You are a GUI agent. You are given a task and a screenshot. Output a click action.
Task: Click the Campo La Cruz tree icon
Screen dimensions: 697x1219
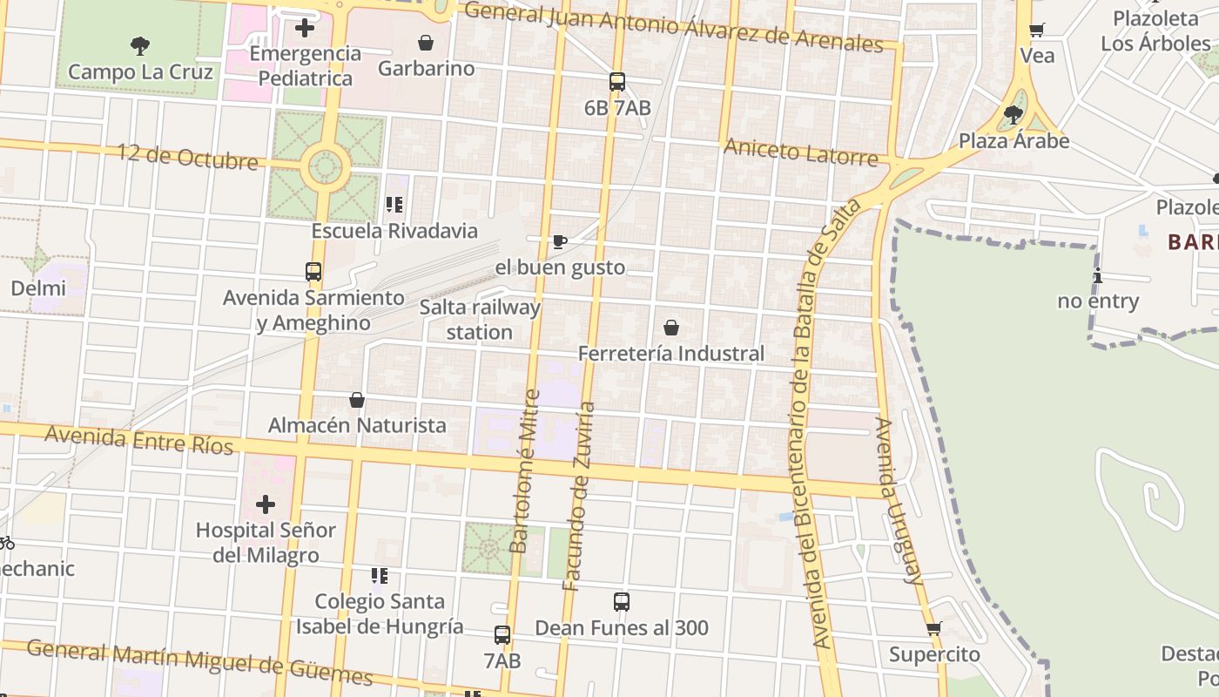(x=139, y=45)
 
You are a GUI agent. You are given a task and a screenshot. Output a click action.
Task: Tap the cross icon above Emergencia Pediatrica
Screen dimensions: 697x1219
(x=304, y=28)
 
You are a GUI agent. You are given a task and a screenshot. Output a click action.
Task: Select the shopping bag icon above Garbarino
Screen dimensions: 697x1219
(x=426, y=43)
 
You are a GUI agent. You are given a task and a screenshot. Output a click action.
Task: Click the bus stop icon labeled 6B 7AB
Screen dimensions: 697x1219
(x=617, y=82)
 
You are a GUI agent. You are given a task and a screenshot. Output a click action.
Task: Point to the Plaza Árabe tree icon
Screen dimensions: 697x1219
(x=1013, y=114)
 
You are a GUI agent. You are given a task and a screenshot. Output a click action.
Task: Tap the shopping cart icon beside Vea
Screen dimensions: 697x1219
(x=1037, y=30)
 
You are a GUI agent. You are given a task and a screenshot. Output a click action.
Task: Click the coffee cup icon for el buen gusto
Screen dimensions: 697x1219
(x=560, y=241)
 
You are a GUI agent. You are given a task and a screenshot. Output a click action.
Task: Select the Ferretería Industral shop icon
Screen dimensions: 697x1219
(x=671, y=328)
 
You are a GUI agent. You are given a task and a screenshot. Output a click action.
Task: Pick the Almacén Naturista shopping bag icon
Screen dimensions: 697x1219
(x=357, y=400)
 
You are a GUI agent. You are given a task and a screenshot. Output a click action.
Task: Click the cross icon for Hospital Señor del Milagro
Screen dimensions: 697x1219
(x=266, y=504)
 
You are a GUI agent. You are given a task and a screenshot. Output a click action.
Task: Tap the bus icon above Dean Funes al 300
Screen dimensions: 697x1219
(x=622, y=601)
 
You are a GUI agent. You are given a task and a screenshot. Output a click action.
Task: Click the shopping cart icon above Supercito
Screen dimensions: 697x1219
(x=934, y=628)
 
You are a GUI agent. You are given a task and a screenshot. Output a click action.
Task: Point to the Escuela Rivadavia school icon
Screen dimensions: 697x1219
(x=394, y=205)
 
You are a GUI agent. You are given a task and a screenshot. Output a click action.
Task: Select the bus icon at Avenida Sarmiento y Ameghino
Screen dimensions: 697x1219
(x=313, y=272)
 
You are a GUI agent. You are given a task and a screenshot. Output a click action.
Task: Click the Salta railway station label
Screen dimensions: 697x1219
(x=480, y=320)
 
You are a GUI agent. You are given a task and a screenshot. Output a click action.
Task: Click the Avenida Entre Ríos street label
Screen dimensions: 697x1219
(x=139, y=440)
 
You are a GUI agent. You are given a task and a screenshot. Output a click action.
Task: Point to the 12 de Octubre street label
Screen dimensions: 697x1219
(x=187, y=157)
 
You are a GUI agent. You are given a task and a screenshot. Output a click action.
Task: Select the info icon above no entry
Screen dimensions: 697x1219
(x=1098, y=276)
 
